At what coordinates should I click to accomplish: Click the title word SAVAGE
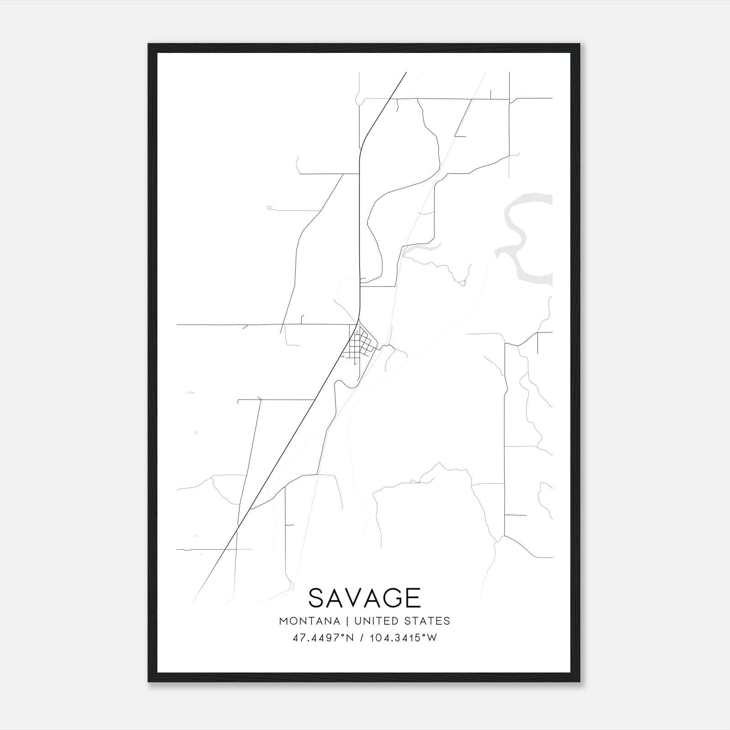coord(365,598)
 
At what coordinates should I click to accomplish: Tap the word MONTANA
coord(309,621)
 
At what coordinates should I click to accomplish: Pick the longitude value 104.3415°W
coord(402,638)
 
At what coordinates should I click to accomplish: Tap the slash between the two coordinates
coord(362,638)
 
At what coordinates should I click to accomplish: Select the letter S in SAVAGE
coord(318,598)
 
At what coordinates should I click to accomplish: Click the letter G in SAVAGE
coord(389,598)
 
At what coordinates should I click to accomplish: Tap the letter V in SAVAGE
coord(352,598)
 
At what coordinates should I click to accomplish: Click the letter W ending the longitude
coord(433,638)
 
